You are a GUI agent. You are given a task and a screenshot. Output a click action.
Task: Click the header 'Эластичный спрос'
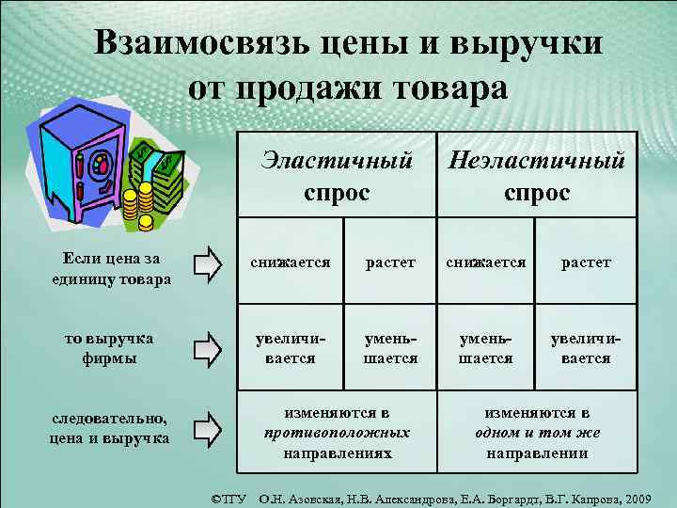coord(337,177)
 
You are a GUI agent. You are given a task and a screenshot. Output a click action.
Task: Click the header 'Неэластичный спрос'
coord(537,177)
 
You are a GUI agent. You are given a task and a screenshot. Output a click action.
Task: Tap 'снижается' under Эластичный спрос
coord(290,262)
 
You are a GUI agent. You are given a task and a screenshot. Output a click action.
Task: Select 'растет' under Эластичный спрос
coord(390,262)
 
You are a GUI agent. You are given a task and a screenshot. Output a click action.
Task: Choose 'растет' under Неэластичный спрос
coord(586,262)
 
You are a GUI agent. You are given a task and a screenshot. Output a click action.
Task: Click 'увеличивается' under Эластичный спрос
coord(290,349)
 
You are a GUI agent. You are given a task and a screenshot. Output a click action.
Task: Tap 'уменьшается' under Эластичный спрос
coord(390,349)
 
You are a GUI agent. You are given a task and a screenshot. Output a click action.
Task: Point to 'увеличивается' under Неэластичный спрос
coord(586,349)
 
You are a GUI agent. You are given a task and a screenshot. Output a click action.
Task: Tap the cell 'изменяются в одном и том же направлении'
coord(537,433)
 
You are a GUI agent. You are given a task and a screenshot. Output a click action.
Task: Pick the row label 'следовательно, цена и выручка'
coord(110,429)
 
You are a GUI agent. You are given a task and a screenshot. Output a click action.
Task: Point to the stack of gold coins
coord(145,202)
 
